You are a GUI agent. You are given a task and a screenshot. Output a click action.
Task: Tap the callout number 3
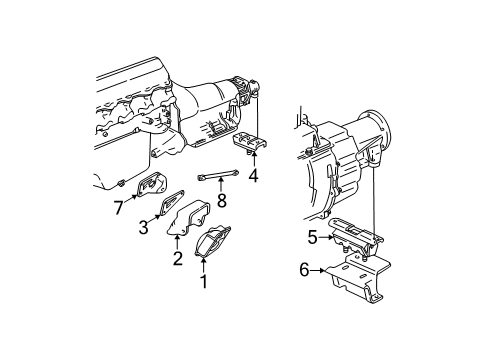[144, 228]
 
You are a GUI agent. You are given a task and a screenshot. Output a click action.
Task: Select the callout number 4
[253, 177]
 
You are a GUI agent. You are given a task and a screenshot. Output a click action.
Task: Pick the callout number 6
[304, 270]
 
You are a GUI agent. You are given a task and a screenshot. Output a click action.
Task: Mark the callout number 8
[222, 201]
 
